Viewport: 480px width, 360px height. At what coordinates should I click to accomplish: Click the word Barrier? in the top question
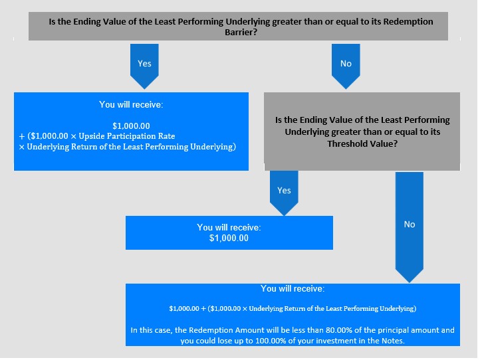click(241, 32)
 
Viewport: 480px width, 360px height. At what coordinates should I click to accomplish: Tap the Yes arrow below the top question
click(144, 66)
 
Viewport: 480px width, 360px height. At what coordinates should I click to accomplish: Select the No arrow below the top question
click(346, 66)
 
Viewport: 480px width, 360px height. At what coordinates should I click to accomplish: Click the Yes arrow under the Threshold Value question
click(284, 193)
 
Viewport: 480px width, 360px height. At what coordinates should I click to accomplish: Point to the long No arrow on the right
click(410, 227)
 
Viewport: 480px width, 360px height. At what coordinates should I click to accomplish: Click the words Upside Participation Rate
click(127, 136)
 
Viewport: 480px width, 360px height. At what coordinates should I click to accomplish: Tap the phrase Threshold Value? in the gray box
click(362, 143)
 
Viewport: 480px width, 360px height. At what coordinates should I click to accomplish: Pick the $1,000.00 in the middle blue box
click(229, 238)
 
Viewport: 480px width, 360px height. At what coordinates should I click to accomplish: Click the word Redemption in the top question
click(408, 22)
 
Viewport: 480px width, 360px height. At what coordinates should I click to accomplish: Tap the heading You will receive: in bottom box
click(293, 289)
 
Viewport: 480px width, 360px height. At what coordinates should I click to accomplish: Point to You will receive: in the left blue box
click(131, 104)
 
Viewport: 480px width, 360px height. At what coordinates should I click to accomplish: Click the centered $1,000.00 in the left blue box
click(131, 126)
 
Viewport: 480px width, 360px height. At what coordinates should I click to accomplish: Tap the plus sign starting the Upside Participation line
click(22, 136)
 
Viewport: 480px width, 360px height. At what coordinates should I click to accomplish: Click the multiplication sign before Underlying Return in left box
click(21, 147)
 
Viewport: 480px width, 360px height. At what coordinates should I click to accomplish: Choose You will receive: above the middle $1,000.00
click(229, 228)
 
